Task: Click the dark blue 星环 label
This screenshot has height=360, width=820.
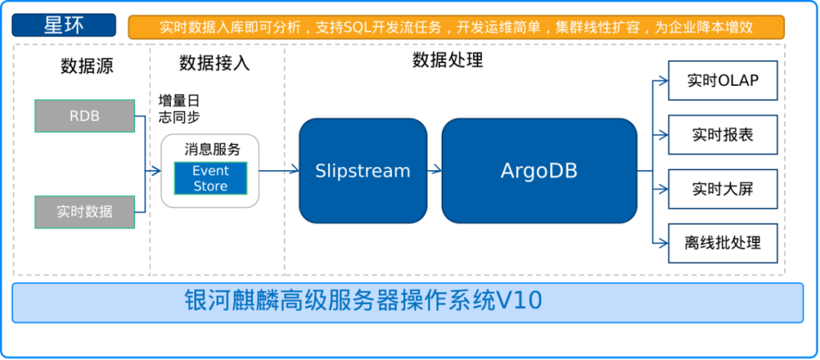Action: click(x=64, y=25)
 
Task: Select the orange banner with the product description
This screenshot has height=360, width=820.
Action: click(x=456, y=27)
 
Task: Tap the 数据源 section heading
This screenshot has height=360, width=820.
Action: click(x=87, y=66)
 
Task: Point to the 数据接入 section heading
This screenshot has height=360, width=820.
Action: click(x=214, y=63)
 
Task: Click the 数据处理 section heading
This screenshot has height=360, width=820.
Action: click(x=448, y=61)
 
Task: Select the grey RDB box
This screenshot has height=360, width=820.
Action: click(x=85, y=115)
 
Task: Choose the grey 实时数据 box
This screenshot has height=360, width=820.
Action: click(x=85, y=212)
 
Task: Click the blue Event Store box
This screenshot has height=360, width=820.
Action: click(x=210, y=178)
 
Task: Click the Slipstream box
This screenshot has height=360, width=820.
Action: click(x=363, y=171)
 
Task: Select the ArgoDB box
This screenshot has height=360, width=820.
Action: click(x=539, y=171)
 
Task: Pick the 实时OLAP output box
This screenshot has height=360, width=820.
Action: click(x=723, y=81)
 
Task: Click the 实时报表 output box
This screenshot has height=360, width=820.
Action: click(x=723, y=134)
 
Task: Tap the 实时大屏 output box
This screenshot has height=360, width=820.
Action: click(x=723, y=189)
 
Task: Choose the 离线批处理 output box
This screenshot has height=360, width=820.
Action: click(x=723, y=243)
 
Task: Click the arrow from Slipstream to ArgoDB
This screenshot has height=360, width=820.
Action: click(x=434, y=170)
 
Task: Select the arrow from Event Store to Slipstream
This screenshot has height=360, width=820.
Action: click(x=273, y=169)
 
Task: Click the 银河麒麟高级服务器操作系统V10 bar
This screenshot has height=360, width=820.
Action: click(x=408, y=302)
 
